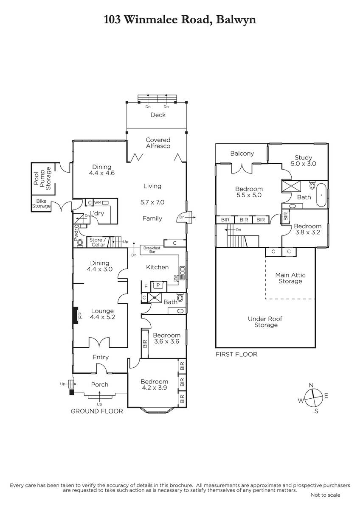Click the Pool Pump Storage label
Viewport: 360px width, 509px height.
click(x=42, y=179)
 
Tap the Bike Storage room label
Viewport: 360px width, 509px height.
click(x=41, y=204)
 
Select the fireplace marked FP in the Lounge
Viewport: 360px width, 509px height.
click(x=76, y=316)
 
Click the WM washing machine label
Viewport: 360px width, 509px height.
click(x=98, y=202)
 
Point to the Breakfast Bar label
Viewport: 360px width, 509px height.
click(x=152, y=250)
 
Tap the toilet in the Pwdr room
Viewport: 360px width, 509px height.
click(x=80, y=243)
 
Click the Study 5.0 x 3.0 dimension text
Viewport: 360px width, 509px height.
click(x=304, y=164)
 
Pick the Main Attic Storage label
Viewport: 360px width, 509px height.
click(x=290, y=278)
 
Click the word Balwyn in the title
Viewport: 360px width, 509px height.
click(x=236, y=20)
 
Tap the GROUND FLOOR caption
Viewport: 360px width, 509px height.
click(x=97, y=411)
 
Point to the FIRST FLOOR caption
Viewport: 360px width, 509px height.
click(x=236, y=354)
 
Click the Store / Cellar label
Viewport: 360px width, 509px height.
click(x=98, y=242)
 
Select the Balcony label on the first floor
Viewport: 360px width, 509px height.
click(x=242, y=154)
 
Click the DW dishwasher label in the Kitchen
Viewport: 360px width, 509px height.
click(x=175, y=278)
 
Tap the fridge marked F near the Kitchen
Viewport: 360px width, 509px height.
click(x=146, y=287)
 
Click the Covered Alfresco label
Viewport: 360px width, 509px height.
click(x=158, y=143)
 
